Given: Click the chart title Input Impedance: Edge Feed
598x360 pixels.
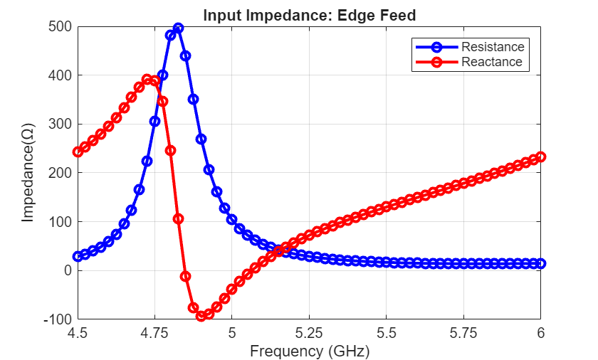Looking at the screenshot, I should click(x=309, y=15).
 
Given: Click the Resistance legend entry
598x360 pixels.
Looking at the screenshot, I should click(x=492, y=47).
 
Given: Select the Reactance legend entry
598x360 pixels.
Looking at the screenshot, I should click(x=491, y=62).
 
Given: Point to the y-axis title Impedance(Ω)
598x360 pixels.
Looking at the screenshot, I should click(x=28, y=173).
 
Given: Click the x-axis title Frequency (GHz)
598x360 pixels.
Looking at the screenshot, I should click(x=309, y=351).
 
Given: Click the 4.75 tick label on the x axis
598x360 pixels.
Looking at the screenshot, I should click(x=154, y=333).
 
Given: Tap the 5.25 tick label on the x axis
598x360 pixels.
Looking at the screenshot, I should click(x=309, y=333).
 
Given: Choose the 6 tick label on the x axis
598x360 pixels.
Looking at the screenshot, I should click(x=540, y=333).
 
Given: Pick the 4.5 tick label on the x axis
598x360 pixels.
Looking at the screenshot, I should click(x=78, y=333).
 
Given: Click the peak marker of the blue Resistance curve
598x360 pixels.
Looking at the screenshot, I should click(x=178, y=28).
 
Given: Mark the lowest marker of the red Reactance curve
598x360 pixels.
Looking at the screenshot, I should click(x=201, y=316).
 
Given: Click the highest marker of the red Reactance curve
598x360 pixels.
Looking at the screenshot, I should click(x=147, y=80).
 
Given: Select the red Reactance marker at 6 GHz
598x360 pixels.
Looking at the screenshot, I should click(x=540, y=157).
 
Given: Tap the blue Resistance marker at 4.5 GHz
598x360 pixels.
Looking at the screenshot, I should click(x=78, y=256).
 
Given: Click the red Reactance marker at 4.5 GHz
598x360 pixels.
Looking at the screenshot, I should click(x=78, y=152).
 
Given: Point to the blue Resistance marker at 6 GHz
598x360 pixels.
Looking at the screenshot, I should click(x=540, y=263).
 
